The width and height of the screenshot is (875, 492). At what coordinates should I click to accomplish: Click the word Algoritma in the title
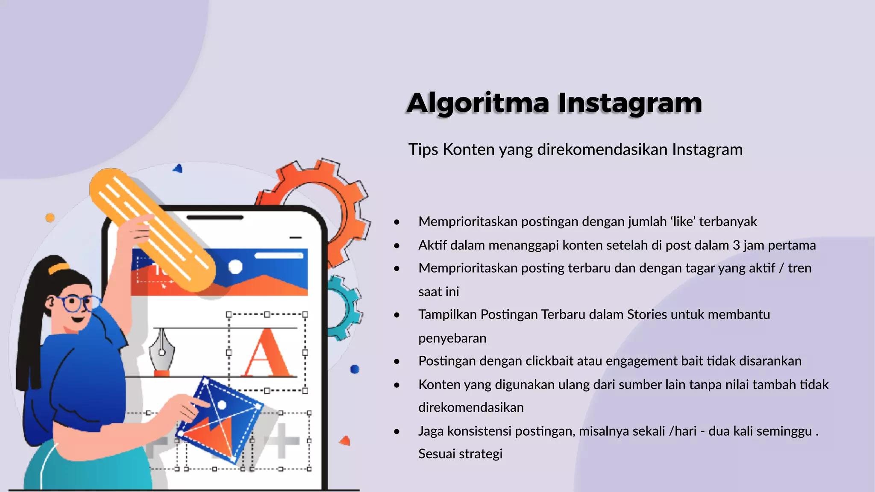(x=478, y=103)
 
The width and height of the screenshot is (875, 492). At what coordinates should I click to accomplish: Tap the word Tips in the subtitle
(x=423, y=149)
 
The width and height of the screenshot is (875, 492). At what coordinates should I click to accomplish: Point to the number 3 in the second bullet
(x=736, y=245)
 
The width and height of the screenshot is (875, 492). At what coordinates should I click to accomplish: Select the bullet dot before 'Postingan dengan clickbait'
(x=397, y=361)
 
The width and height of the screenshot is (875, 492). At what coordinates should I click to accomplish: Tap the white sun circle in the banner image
(x=235, y=266)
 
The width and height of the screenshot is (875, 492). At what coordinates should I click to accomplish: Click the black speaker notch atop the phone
(x=215, y=217)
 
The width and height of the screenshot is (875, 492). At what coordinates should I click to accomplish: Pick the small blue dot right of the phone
(x=355, y=369)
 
